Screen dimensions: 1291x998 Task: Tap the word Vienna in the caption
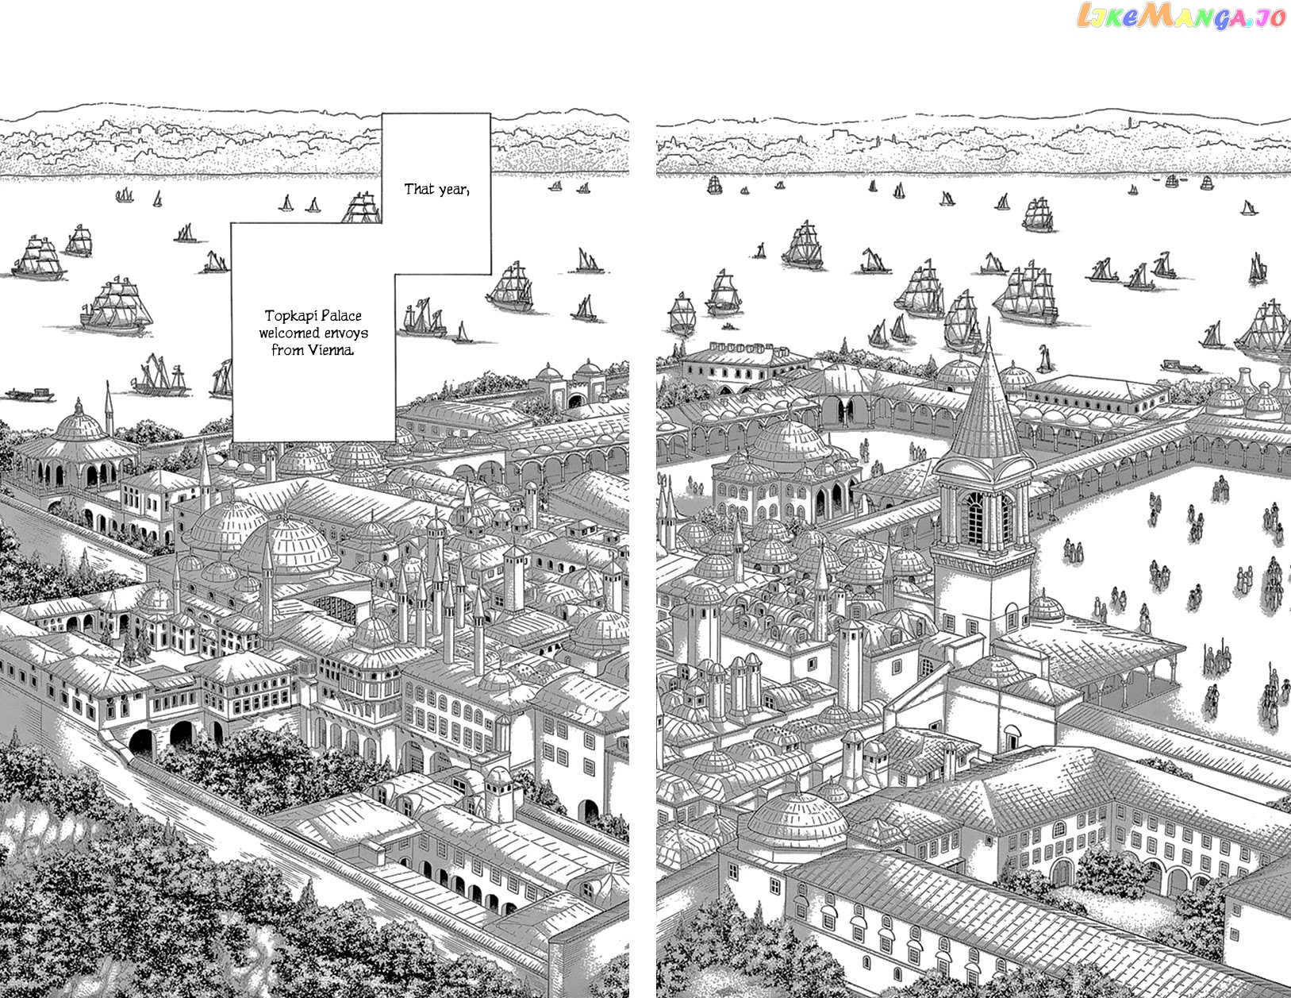[x=330, y=350]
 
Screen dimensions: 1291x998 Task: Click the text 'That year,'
[x=436, y=189]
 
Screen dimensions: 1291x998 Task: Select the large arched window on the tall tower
[x=975, y=518]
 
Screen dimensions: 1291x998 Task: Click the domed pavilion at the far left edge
[x=76, y=444]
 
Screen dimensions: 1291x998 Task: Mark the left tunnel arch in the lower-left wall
[x=142, y=743]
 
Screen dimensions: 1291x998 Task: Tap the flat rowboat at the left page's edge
[x=29, y=395]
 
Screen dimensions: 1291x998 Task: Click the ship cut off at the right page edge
[x=1265, y=333]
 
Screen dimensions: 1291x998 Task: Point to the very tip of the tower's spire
[x=989, y=319]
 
